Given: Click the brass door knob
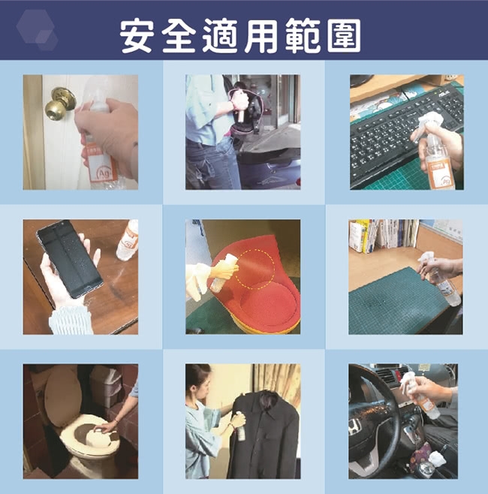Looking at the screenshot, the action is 60,104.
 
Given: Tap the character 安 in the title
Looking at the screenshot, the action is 137,35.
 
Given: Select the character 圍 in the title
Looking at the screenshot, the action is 344,35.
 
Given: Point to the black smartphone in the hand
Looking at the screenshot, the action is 70,259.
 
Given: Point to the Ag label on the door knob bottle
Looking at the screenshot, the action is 103,174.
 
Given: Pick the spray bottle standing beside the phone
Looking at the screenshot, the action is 128,240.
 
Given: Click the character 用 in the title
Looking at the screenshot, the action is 261,35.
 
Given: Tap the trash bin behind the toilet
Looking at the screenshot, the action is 106,387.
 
